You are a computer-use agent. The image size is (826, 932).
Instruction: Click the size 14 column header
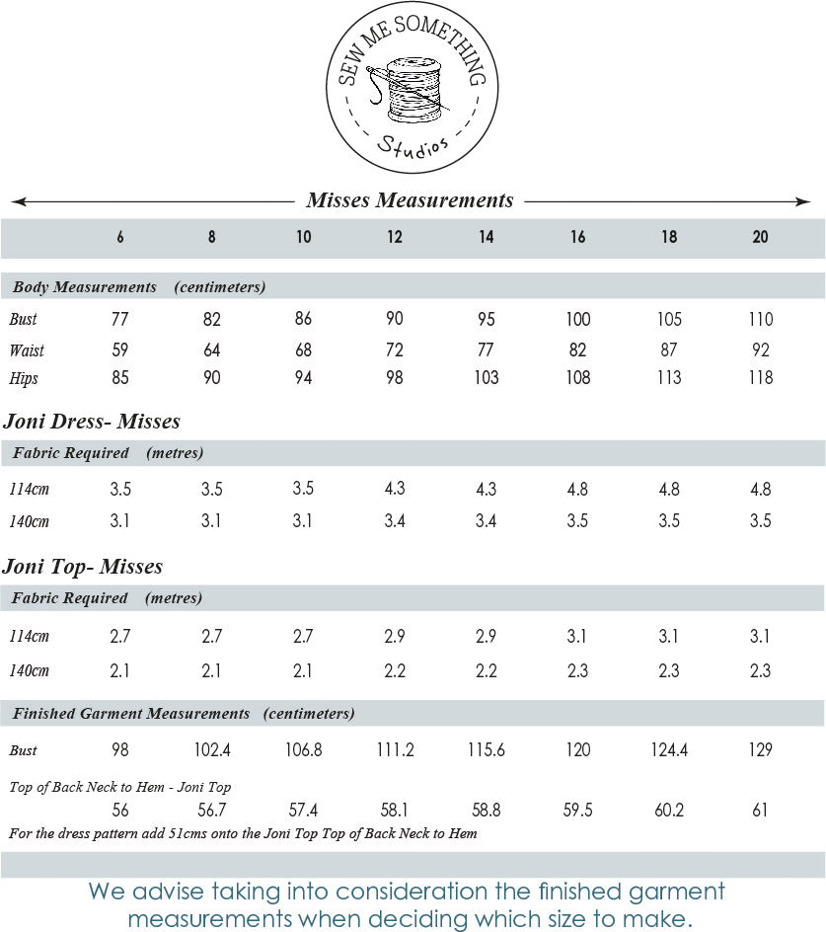tap(486, 237)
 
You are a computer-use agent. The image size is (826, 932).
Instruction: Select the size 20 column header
tap(760, 237)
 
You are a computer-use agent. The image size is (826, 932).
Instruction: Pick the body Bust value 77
tap(120, 319)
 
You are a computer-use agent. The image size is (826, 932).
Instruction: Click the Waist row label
tap(27, 350)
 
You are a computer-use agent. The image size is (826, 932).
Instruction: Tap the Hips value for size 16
tap(578, 377)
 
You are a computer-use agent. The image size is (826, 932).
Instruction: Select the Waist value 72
tap(395, 350)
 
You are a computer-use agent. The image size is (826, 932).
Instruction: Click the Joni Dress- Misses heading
tap(92, 422)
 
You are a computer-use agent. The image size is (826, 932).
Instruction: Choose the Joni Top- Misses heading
tap(83, 567)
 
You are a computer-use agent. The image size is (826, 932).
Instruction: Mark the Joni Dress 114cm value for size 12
tap(395, 489)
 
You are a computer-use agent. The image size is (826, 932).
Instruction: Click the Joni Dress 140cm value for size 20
tap(760, 520)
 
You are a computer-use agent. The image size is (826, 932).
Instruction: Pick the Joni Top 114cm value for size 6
tap(120, 636)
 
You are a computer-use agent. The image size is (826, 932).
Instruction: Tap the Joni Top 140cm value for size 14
tap(486, 670)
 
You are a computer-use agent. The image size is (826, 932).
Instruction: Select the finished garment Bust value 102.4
tap(212, 750)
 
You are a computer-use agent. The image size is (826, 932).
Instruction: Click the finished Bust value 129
tap(760, 750)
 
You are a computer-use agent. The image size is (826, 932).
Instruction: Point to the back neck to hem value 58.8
tap(486, 811)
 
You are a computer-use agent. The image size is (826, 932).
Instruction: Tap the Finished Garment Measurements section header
tap(131, 713)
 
